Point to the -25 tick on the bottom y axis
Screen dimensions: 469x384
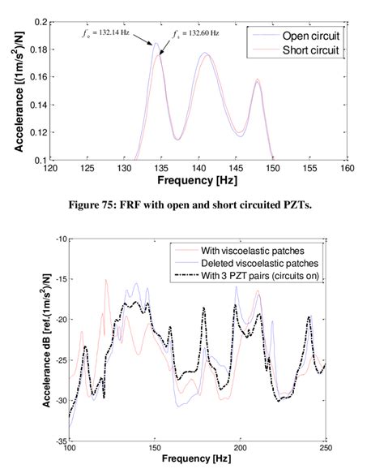58,360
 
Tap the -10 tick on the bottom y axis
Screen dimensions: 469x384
58,239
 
